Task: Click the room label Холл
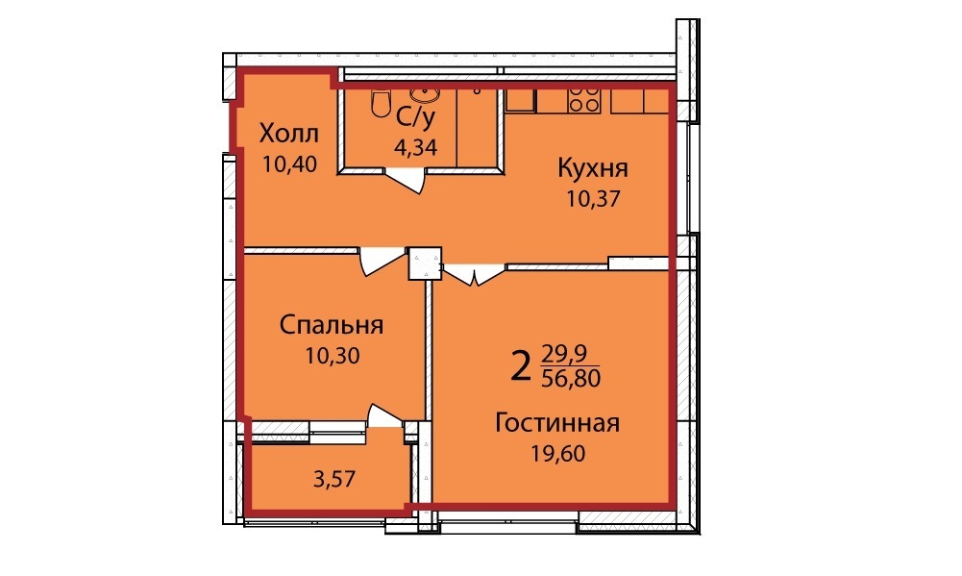[x=289, y=133]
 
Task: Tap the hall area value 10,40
[x=289, y=164]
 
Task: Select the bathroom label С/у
[x=415, y=117]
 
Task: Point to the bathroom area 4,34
[x=416, y=147]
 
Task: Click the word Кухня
[x=593, y=167]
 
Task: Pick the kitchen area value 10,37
[x=593, y=198]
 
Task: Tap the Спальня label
[x=332, y=325]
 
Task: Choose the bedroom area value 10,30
[x=333, y=356]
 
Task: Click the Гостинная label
[x=557, y=423]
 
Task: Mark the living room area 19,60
[x=558, y=454]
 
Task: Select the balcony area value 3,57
[x=334, y=478]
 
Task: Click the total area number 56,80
[x=571, y=378]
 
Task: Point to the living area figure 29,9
[x=565, y=354]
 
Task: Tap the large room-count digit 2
[x=520, y=367]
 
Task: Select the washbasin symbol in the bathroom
[x=424, y=94]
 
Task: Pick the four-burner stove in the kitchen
[x=584, y=100]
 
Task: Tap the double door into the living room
[x=474, y=274]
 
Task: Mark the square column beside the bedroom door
[x=425, y=263]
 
